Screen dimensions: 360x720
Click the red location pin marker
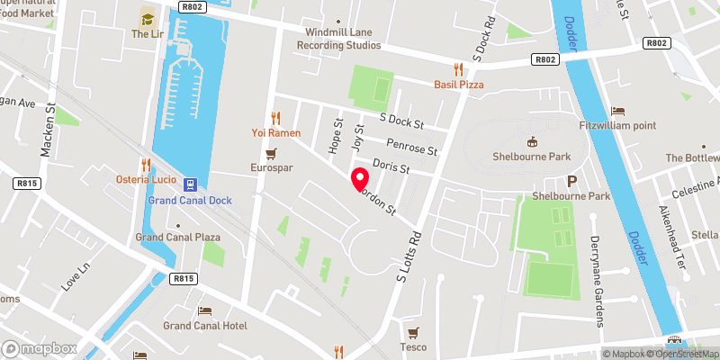tap(359, 179)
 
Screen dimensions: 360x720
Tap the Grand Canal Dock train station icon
tap(190, 184)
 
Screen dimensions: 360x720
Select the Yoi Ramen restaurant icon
tap(276, 117)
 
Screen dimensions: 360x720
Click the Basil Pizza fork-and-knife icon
tap(458, 68)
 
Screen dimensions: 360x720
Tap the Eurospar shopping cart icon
tap(283, 152)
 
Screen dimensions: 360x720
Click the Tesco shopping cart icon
tap(413, 332)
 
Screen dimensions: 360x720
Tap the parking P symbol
tap(571, 181)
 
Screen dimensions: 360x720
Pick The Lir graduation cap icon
tap(147, 17)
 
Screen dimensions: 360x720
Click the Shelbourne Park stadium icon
tap(532, 140)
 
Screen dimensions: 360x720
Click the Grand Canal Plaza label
tap(178, 237)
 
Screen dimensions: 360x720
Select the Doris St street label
tap(391, 167)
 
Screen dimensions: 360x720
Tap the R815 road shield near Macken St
tap(26, 183)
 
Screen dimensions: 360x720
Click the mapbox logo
tap(40, 348)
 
